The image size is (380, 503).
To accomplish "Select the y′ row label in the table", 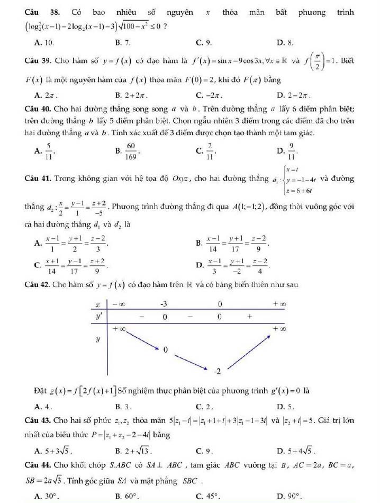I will [x=98, y=316].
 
